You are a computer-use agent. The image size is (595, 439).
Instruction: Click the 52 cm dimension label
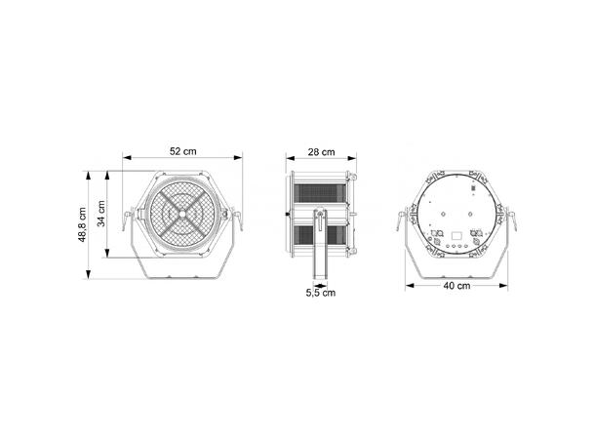point(183,151)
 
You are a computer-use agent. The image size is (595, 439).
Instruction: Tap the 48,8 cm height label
point(82,224)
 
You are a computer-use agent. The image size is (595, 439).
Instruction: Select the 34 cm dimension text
point(101,214)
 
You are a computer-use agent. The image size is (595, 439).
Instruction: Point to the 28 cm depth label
point(322,152)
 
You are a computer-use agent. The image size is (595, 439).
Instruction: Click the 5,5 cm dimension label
point(321,293)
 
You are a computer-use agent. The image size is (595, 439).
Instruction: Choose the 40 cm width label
point(456,286)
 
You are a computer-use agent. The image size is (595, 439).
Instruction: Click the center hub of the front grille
point(181,214)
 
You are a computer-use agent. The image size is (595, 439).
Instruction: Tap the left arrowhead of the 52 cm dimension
point(127,157)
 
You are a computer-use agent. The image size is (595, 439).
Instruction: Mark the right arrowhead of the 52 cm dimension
point(238,157)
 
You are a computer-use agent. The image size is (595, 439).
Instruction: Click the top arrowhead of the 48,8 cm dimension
point(89,176)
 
